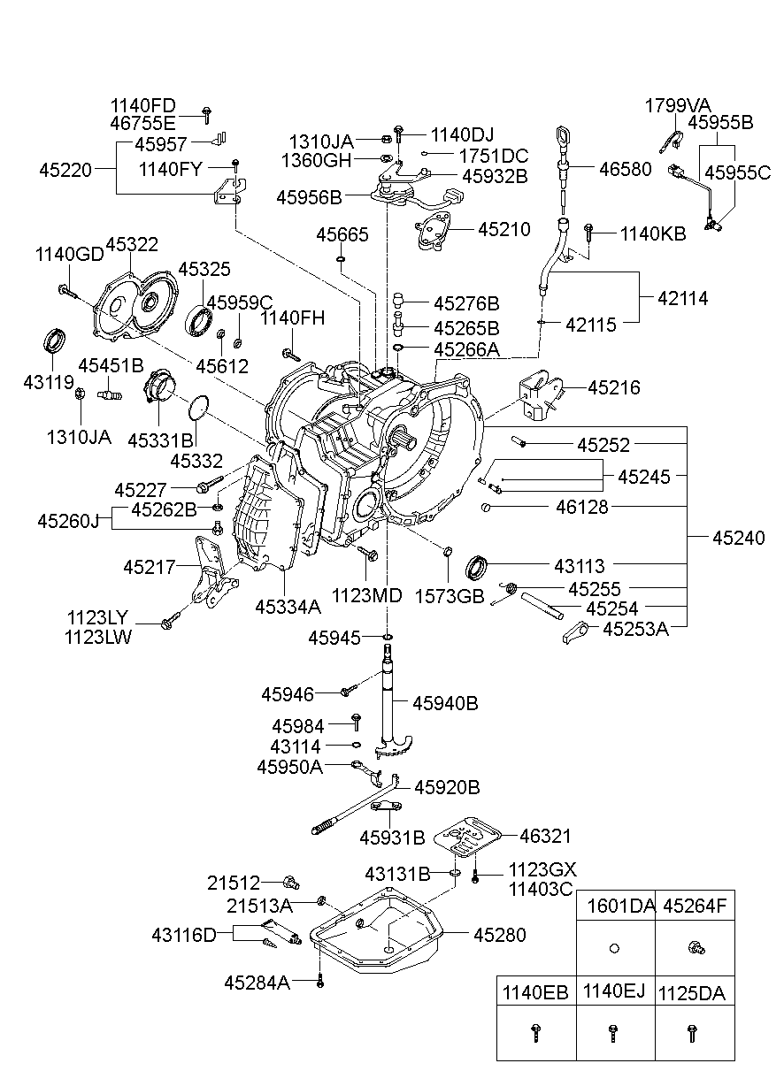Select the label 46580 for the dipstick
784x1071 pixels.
(625, 168)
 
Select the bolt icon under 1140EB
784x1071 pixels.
(535, 1031)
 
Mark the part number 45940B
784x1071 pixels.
(446, 703)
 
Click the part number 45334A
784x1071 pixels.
(288, 606)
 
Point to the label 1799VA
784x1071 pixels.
(677, 105)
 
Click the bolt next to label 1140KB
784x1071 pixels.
(589, 233)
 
